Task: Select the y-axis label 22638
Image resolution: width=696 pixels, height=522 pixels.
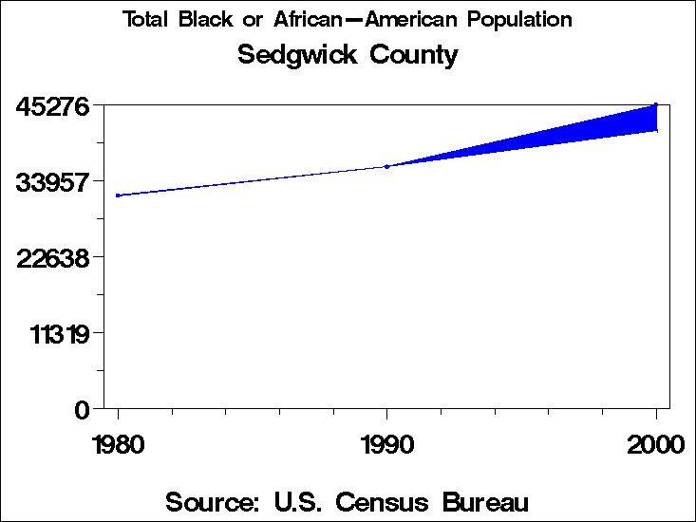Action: (54, 257)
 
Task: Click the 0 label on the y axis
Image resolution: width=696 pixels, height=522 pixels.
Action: (82, 410)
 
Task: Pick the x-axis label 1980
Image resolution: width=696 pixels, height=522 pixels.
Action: (118, 444)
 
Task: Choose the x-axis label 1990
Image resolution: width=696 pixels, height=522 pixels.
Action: (386, 444)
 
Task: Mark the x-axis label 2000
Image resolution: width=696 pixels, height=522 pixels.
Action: (655, 444)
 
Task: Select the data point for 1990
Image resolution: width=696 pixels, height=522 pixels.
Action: (386, 166)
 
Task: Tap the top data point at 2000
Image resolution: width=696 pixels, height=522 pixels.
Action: (655, 105)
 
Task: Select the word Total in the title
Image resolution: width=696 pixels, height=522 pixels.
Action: (147, 19)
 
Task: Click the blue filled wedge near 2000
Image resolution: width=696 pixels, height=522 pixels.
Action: (608, 128)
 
